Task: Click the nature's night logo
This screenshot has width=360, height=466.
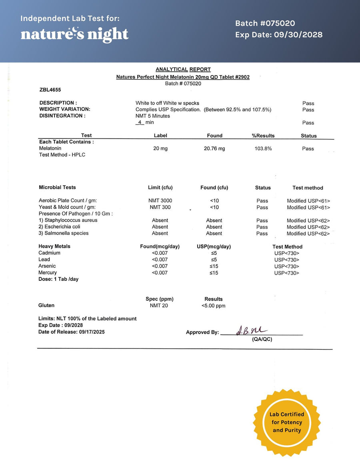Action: coord(74,34)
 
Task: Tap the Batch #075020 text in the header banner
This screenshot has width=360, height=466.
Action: coord(265,24)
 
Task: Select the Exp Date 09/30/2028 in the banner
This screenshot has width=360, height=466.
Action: coord(278,35)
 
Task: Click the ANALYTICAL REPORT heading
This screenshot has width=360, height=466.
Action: coord(183,69)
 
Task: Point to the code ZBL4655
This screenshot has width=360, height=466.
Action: coord(50,90)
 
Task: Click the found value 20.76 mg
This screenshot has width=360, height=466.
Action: coord(214,149)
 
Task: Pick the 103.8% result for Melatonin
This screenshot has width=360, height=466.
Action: coord(263,149)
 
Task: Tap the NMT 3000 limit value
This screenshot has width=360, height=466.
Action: coord(160,201)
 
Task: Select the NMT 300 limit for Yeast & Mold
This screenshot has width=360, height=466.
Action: coord(160,207)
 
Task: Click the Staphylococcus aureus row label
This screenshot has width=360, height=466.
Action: coord(68,220)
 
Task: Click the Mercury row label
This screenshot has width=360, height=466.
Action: coord(48,273)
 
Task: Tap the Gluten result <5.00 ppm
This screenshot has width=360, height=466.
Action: coord(213,306)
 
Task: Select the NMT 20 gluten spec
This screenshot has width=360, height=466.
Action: coord(159,306)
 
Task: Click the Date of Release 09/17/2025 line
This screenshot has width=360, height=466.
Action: coord(71,332)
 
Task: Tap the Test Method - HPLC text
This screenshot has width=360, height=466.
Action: coord(62,155)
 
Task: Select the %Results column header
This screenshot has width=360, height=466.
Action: coord(263,136)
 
